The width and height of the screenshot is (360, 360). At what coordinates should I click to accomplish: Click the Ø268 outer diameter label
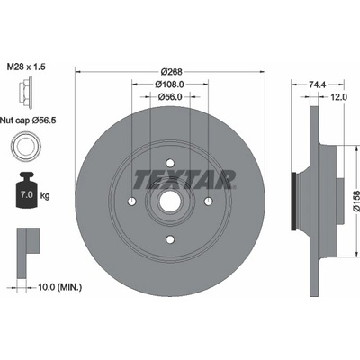point(171,72)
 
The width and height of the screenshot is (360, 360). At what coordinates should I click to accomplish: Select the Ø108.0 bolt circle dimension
point(169,85)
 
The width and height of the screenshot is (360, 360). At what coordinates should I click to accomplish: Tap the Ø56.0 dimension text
point(170,96)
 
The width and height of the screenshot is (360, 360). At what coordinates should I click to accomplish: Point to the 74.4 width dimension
point(317,85)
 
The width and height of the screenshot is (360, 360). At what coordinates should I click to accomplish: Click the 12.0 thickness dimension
point(338,96)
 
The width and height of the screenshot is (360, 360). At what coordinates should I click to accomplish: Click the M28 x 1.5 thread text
point(26,67)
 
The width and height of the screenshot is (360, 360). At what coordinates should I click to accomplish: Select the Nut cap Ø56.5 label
point(28,121)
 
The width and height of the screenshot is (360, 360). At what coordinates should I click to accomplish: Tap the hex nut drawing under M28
point(25,92)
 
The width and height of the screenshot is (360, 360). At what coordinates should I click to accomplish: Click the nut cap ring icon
point(26,147)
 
